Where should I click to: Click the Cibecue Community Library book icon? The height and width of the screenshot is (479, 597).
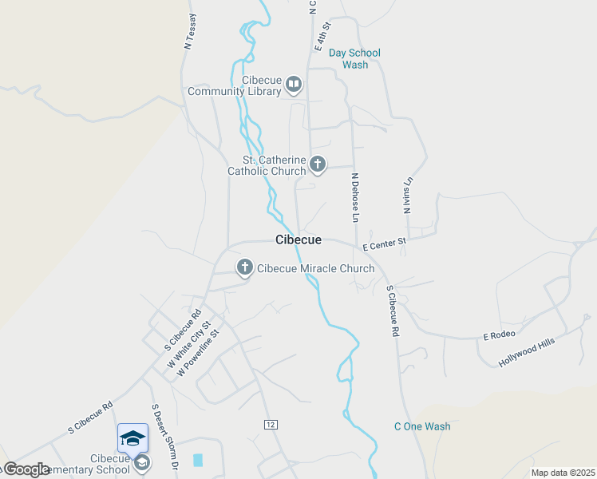tap(294, 84)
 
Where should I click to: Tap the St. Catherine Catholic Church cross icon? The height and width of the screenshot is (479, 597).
tap(318, 165)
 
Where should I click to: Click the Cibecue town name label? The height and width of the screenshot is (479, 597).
tap(298, 239)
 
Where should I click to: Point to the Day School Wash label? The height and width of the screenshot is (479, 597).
tap(354, 58)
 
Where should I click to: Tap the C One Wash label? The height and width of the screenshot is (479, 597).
tap(422, 426)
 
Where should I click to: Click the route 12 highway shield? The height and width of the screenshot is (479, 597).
tap(271, 424)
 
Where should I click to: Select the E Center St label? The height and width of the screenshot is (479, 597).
tap(385, 240)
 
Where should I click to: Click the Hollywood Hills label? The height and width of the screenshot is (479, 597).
tap(526, 351)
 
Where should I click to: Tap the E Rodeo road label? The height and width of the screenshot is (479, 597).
tap(499, 334)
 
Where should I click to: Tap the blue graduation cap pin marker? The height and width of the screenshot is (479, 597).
tap(132, 437)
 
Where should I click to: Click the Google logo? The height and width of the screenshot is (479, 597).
tap(26, 469)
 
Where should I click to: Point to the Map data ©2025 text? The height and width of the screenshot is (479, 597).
tap(563, 473)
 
